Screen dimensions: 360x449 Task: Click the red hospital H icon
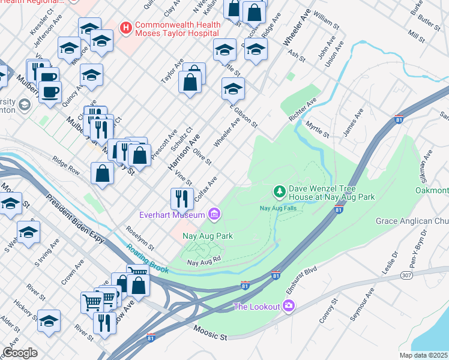click(126, 28)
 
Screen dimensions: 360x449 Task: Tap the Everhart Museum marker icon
click(214, 214)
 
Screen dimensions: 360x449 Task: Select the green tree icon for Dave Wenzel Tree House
click(279, 191)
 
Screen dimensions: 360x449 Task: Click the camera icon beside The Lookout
click(289, 307)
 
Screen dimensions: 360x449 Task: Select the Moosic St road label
click(210, 332)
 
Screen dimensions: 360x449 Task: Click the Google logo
click(20, 353)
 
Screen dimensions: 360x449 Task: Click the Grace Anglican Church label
click(412, 221)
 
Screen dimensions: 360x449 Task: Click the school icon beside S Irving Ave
click(28, 232)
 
